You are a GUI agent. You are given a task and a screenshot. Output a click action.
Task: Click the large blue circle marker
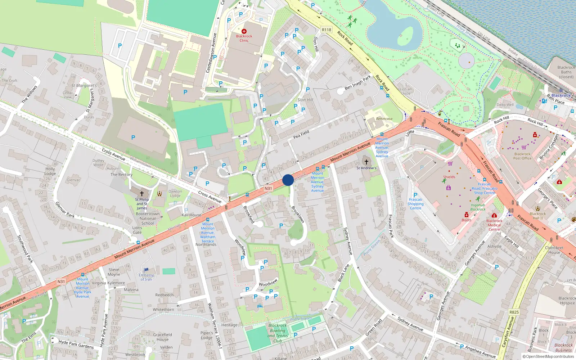288,180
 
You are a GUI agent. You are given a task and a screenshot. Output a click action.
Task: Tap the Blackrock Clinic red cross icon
244,32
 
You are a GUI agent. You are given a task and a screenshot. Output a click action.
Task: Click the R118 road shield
327,30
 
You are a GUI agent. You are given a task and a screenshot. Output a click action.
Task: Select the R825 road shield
514,312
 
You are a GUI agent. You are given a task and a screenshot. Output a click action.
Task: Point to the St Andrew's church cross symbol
366,162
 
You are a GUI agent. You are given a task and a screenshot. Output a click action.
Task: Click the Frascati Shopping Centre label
415,204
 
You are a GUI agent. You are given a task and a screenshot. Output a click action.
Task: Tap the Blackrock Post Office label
522,156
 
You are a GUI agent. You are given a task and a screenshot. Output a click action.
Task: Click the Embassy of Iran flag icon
146,270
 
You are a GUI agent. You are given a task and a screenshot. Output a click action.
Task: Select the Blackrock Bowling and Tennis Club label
278,333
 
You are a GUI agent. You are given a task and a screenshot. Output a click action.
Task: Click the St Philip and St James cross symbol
142,194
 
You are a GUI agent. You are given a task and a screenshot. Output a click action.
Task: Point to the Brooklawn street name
298,214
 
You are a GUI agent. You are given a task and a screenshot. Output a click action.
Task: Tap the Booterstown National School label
148,218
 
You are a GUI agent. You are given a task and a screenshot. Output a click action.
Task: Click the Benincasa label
384,119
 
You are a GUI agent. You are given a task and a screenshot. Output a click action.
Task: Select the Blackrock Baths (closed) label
566,72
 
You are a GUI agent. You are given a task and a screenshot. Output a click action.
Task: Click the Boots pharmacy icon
466,215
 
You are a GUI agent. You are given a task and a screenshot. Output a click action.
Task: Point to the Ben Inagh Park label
357,83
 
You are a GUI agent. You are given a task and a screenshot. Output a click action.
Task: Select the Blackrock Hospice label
567,301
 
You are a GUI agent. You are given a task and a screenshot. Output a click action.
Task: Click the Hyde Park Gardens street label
76,344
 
